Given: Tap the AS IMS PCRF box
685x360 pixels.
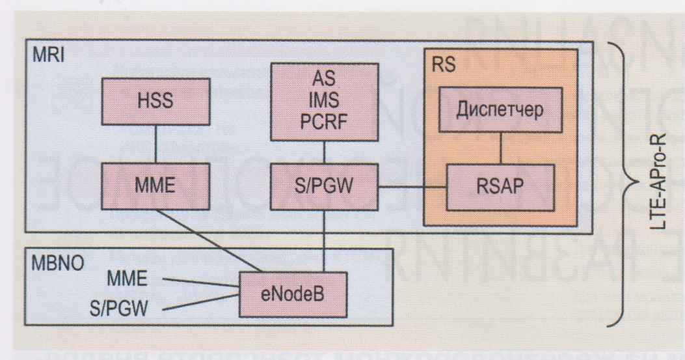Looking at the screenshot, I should [x=326, y=102].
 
